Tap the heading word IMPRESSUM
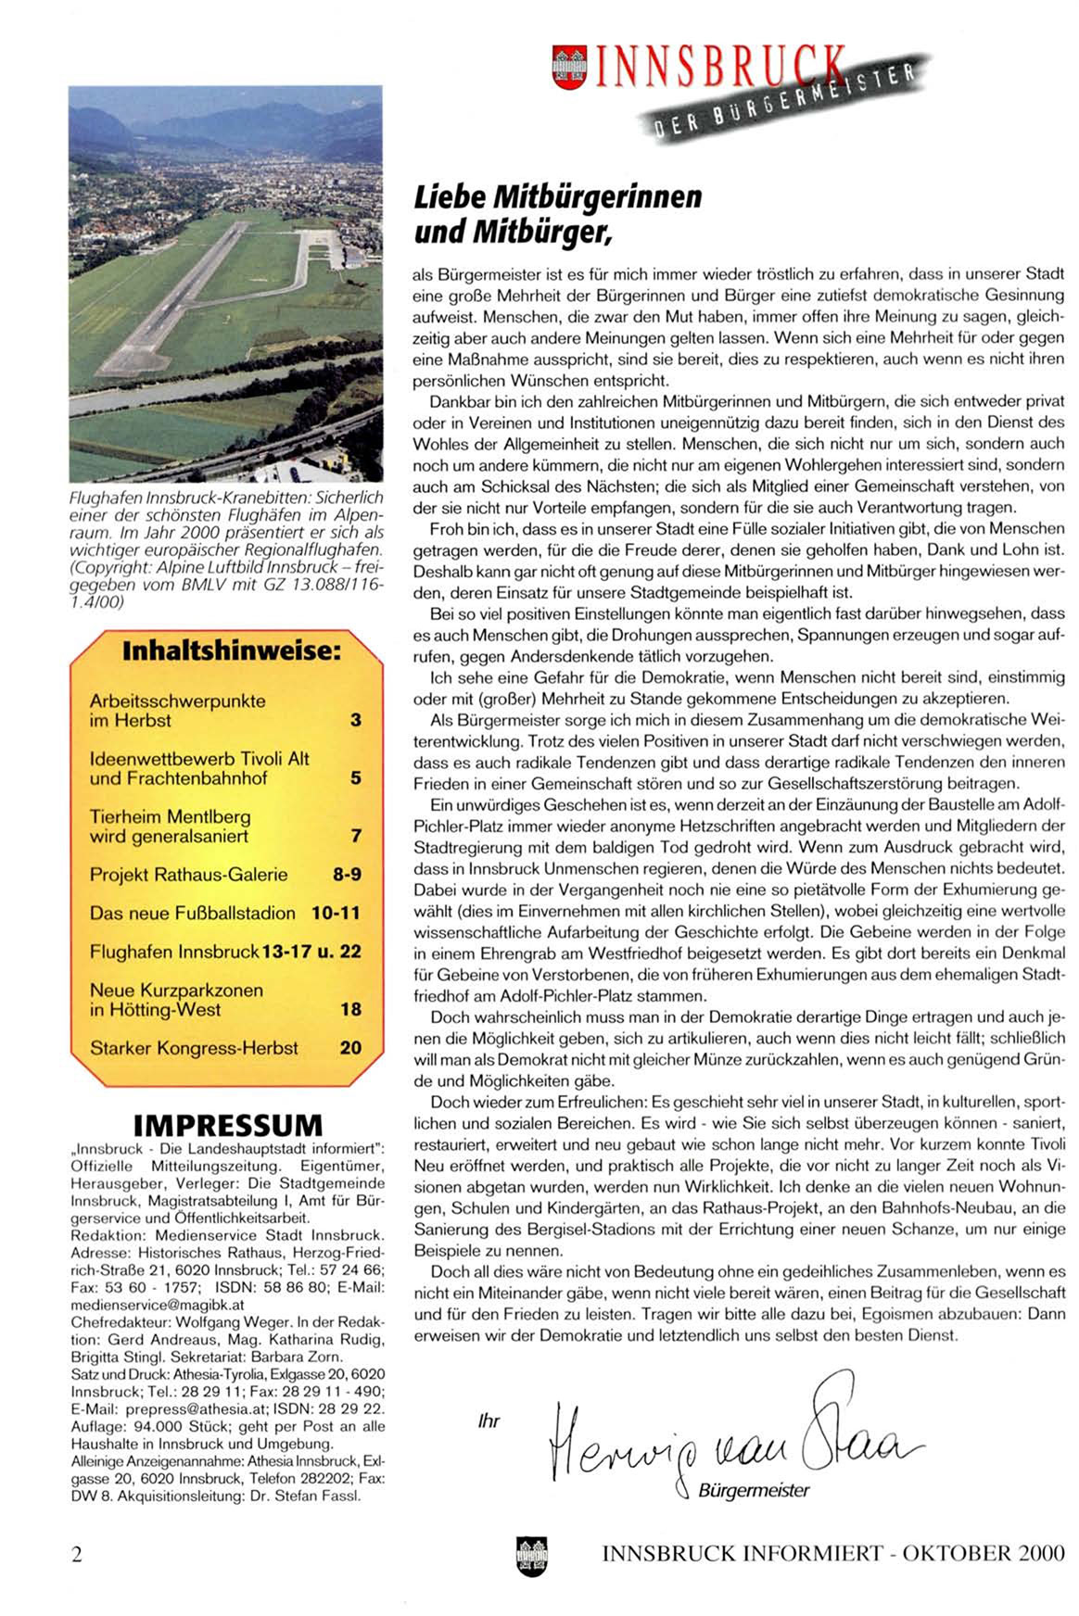click(x=228, y=1125)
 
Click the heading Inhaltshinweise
click(x=231, y=650)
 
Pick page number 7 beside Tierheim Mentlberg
click(x=356, y=837)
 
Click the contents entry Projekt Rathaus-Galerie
click(x=188, y=875)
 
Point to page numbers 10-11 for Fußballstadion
click(x=336, y=914)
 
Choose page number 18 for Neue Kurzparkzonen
click(x=350, y=1010)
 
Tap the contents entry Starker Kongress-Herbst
click(x=194, y=1049)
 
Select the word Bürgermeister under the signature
click(x=753, y=1491)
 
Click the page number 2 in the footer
click(x=77, y=1554)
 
